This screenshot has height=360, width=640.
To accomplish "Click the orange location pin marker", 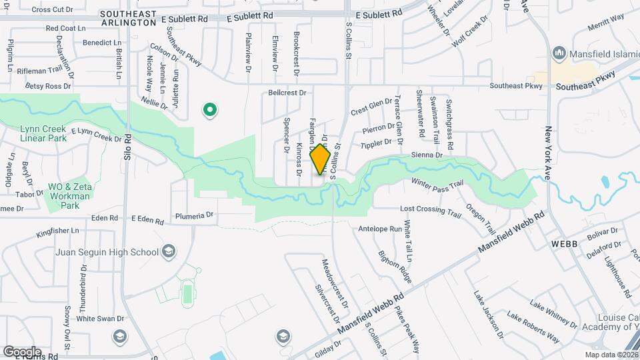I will click(321, 159).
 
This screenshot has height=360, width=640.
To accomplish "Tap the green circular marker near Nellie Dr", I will click(210, 110).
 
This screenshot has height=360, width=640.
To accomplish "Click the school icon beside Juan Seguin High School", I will click(169, 251).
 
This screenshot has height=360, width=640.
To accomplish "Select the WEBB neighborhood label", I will click(563, 245).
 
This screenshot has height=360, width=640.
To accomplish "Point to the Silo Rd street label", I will click(127, 143).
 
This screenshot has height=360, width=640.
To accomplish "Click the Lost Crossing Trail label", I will click(431, 211).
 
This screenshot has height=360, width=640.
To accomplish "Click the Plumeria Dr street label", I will click(194, 215).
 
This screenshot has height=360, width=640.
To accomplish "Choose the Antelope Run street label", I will click(380, 229).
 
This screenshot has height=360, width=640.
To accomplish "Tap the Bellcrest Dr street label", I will click(287, 93).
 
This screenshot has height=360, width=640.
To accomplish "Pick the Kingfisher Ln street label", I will click(58, 231).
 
